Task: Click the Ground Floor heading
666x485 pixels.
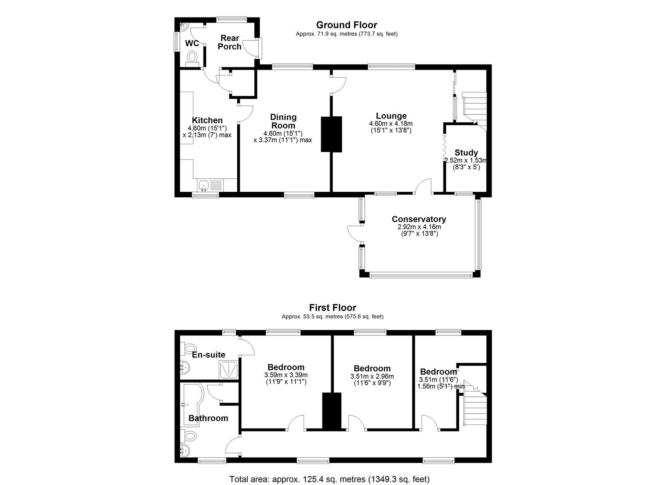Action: click(346, 25)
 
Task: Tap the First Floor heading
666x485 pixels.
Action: click(332, 308)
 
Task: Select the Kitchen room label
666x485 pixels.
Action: click(207, 120)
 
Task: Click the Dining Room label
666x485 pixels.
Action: click(283, 121)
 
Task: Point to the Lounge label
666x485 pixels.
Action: click(391, 116)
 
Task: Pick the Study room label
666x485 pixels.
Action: click(466, 153)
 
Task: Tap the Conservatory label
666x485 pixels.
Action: click(419, 219)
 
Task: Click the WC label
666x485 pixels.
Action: click(192, 44)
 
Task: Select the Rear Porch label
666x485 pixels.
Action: click(230, 42)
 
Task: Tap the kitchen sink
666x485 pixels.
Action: click(204, 185)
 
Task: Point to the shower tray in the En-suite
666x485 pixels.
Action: click(228, 369)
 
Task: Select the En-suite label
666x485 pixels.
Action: click(209, 355)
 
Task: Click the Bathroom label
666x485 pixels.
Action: click(208, 418)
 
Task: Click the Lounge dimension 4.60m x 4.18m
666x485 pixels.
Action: click(391, 123)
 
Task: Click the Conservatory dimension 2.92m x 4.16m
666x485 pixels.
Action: click(419, 227)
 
